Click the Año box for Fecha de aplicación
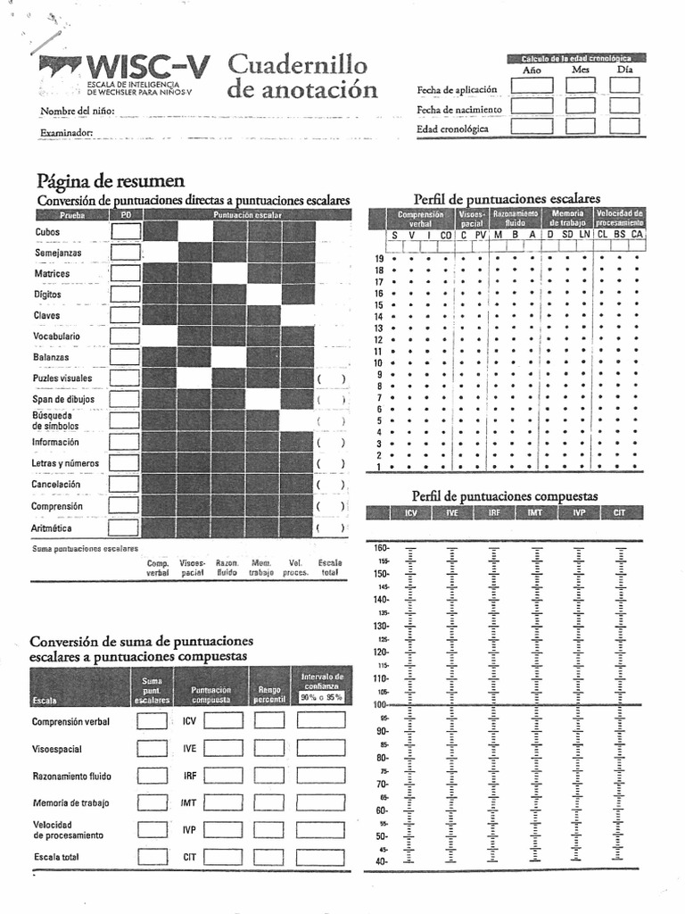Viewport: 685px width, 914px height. [532, 86]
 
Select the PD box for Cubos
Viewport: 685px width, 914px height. [125, 231]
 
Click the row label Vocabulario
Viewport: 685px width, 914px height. [57, 337]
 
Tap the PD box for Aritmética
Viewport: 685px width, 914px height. [125, 528]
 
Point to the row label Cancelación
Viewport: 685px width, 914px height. [57, 484]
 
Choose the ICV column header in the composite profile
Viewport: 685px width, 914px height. [410, 513]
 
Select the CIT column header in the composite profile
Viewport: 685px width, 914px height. [620, 513]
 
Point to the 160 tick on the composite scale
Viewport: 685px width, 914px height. [380, 547]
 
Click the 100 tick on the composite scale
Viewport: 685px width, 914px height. [380, 705]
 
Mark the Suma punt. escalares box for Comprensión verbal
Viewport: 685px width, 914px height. [152, 721]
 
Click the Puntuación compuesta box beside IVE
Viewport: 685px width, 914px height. [223, 748]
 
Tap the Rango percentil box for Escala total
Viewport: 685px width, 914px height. [269, 857]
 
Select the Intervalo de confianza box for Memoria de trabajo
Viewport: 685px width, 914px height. [321, 802]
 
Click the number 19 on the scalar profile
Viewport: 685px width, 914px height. [378, 259]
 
